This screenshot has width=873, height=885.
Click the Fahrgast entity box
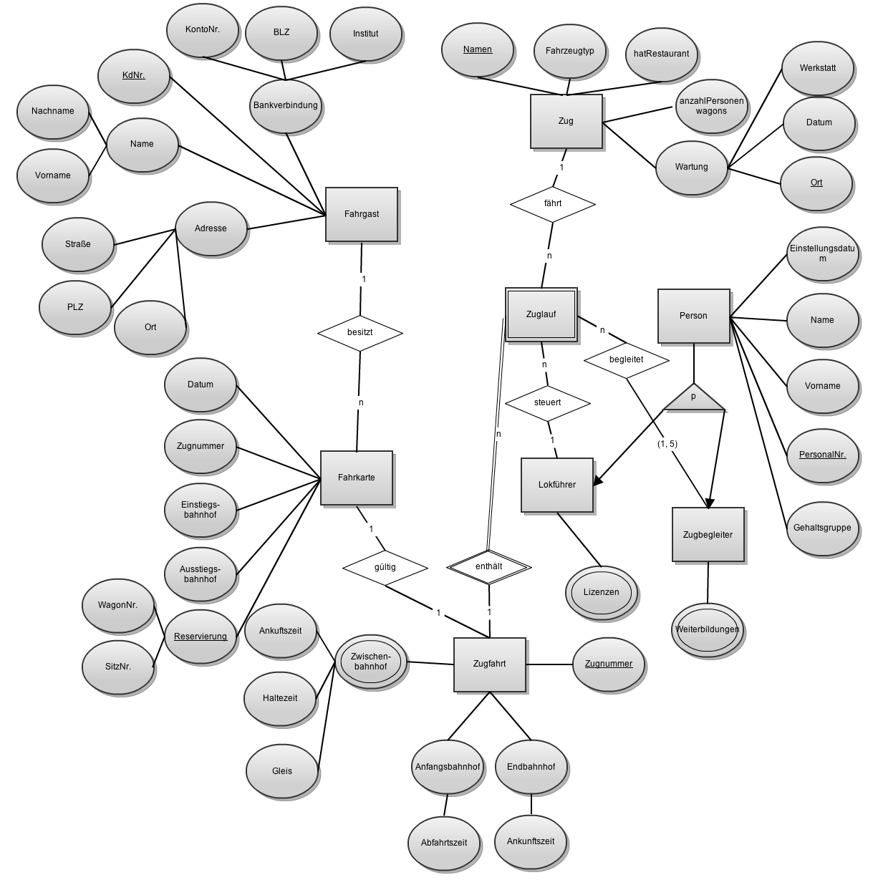click(x=361, y=214)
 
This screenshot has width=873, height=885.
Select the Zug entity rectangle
click(x=566, y=121)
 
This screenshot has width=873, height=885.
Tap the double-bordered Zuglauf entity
click(x=541, y=314)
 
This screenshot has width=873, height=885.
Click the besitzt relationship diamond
click(x=360, y=333)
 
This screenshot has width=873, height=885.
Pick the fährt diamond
click(x=552, y=203)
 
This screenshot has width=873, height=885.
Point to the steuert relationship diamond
click(x=547, y=402)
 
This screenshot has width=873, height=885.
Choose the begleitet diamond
click(x=626, y=359)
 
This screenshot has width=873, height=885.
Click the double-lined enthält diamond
click(x=488, y=566)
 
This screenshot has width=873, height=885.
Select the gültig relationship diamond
click(x=385, y=567)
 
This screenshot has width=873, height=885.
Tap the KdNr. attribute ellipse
click(x=134, y=75)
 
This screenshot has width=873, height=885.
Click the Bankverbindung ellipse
click(x=285, y=105)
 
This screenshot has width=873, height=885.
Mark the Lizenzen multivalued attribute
click(x=601, y=592)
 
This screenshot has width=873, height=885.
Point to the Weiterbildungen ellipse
click(x=707, y=629)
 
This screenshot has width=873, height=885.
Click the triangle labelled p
click(x=693, y=398)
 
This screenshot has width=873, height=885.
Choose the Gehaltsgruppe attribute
click(x=822, y=528)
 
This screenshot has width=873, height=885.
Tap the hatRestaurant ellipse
click(x=661, y=54)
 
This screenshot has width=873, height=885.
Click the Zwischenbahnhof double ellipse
click(x=370, y=662)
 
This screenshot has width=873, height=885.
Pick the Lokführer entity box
click(x=556, y=485)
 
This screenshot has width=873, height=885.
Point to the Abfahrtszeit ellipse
click(x=444, y=842)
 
